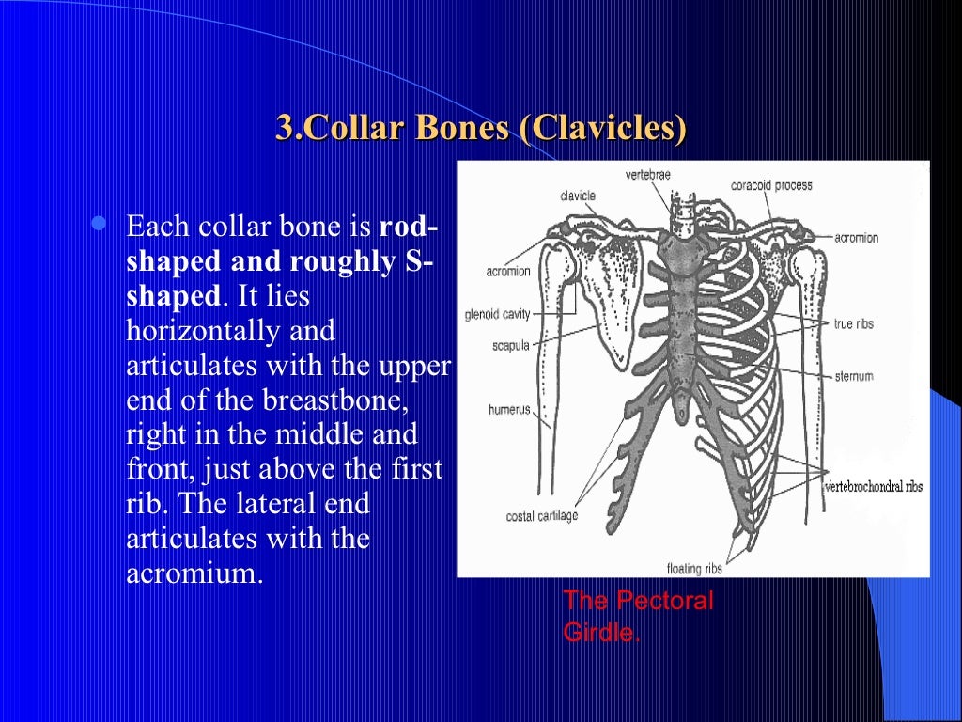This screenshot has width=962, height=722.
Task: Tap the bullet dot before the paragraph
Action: click(x=99, y=225)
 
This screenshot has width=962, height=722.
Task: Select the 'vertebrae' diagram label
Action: click(x=647, y=175)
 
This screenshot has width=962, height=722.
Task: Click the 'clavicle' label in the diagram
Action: click(x=578, y=196)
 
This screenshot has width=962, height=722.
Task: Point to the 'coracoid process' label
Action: click(x=771, y=185)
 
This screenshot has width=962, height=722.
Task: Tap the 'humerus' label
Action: click(x=509, y=410)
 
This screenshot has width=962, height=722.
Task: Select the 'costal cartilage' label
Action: click(x=542, y=516)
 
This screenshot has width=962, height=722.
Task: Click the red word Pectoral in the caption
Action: click(x=665, y=601)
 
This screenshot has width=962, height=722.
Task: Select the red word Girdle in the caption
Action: click(x=600, y=632)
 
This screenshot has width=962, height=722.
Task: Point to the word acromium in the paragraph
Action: click(x=193, y=573)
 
